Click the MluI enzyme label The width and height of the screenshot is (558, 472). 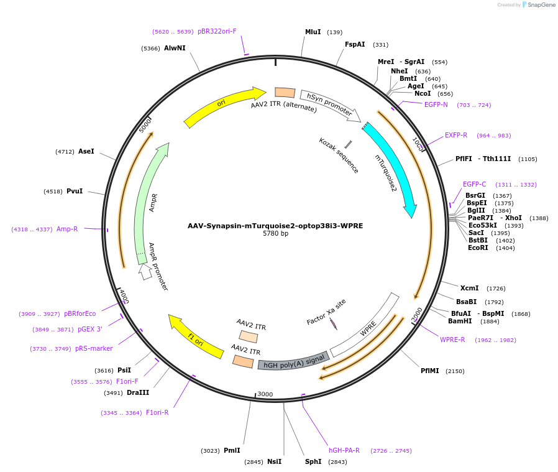pos(313,32)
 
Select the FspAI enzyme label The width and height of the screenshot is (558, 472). pos(355,44)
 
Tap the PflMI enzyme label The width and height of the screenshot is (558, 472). pos(430,371)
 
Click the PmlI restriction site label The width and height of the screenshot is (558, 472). pos(232,450)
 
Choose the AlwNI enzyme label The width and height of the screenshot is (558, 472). pos(175,48)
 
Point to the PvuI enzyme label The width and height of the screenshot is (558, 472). pos(75,191)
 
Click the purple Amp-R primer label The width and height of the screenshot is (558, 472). pos(67,229)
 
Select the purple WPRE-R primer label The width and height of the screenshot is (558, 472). pos(452,340)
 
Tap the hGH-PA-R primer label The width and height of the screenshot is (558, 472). pos(344,450)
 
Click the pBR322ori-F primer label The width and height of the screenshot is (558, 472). pos(217,31)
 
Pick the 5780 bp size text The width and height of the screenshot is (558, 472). pos(275,234)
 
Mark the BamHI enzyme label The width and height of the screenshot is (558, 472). pos(460,321)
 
